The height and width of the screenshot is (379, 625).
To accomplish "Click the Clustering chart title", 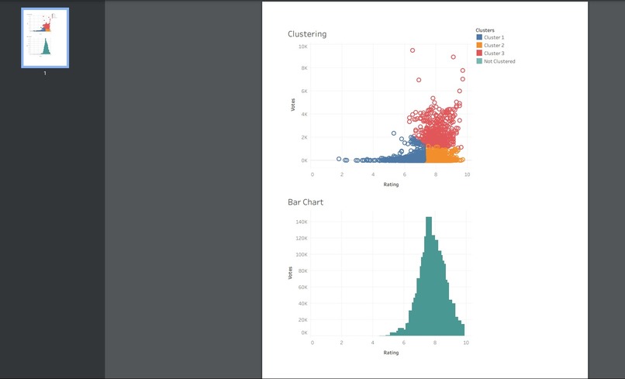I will [x=307, y=34].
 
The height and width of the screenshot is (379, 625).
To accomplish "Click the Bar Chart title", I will [x=306, y=202].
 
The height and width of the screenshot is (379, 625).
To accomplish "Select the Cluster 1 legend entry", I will [x=493, y=37].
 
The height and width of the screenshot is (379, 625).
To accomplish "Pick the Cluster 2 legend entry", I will [x=493, y=45].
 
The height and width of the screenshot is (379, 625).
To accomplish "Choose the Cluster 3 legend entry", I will [x=493, y=53].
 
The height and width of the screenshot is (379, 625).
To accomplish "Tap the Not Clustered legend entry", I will [x=499, y=61].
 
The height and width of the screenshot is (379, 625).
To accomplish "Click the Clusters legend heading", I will [x=485, y=30].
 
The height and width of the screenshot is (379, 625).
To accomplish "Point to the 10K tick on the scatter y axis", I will [x=302, y=47].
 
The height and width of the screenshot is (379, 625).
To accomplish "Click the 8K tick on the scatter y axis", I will [x=303, y=68].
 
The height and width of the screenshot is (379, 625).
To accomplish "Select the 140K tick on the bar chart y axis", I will [x=302, y=222].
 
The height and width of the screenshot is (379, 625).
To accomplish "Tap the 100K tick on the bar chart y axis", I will [x=302, y=254].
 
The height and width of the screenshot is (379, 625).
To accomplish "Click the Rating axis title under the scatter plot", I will [x=391, y=184].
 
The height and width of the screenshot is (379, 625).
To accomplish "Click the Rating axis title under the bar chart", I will [x=391, y=353].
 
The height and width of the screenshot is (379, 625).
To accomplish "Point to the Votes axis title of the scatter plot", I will [x=292, y=104].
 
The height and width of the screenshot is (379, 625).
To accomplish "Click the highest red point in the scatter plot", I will [x=413, y=50].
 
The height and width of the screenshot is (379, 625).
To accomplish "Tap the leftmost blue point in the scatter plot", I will [x=339, y=159].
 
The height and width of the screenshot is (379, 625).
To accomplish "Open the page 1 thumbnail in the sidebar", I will [x=45, y=38].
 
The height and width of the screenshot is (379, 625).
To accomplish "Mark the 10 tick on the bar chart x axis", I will [x=465, y=342].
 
